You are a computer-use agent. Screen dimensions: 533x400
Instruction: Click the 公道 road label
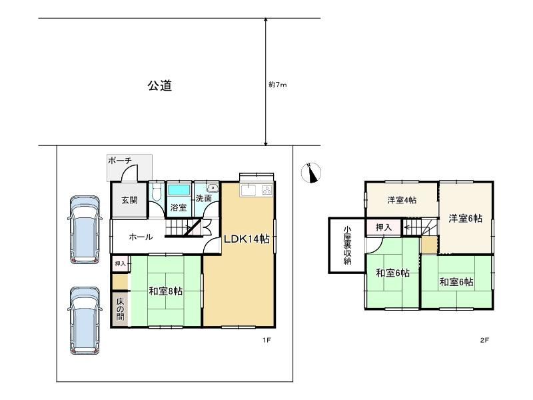pyautogui.click(x=160, y=85)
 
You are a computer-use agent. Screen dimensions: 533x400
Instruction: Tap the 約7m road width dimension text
pyautogui.click(x=278, y=85)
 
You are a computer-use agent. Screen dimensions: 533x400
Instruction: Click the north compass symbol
pyautogui.click(x=311, y=173)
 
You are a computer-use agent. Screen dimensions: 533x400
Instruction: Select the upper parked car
pyautogui.click(x=85, y=229)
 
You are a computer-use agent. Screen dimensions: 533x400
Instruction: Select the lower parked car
pyautogui.click(x=85, y=321)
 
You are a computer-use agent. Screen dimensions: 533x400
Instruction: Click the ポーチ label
pyautogui.click(x=120, y=160)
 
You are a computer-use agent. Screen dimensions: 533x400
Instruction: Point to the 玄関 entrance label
pyautogui.click(x=129, y=200)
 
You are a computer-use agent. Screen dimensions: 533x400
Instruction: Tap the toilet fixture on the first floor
pyautogui.click(x=157, y=192)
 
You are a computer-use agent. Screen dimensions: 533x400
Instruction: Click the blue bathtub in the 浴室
pyautogui.click(x=179, y=190)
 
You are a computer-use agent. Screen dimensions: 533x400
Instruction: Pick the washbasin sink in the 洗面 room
pyautogui.click(x=213, y=187)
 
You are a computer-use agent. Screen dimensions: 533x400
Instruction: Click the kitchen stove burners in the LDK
pyautogui.click(x=267, y=190)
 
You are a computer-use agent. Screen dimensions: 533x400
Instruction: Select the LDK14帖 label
pyautogui.click(x=247, y=239)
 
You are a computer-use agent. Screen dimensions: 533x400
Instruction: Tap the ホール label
pyautogui.click(x=141, y=237)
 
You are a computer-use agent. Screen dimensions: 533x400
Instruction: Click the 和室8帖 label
pyautogui.click(x=165, y=291)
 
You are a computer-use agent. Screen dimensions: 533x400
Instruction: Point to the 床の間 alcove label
pyautogui.click(x=121, y=309)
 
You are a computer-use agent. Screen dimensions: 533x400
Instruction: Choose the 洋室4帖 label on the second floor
pyautogui.click(x=402, y=200)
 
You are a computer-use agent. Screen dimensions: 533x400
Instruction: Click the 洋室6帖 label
pyautogui.click(x=465, y=219)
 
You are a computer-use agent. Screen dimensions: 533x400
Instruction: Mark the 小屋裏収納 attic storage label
pyautogui.click(x=347, y=245)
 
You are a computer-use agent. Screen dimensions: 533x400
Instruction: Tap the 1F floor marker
pyautogui.click(x=266, y=340)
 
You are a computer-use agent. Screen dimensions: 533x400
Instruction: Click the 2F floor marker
pyautogui.click(x=484, y=340)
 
